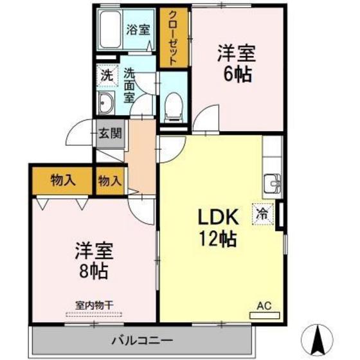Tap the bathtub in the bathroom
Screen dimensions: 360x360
click(111, 29)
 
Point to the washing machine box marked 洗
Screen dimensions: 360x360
click(106, 75)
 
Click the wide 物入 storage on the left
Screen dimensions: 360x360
click(62, 181)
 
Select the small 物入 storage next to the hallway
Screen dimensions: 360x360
click(109, 181)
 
